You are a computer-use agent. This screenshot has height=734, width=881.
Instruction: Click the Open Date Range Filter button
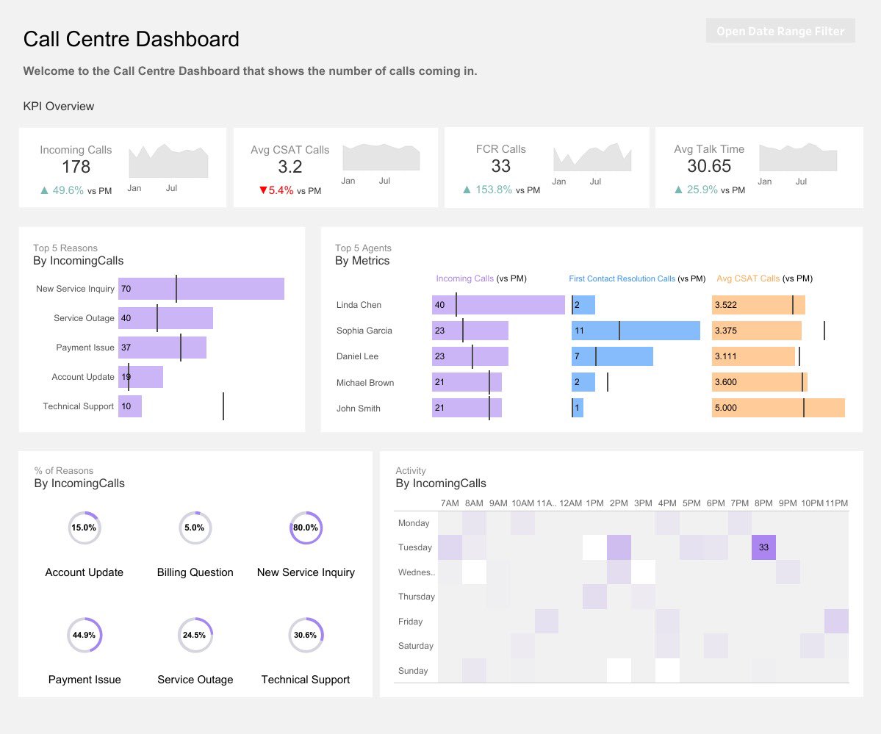(780, 31)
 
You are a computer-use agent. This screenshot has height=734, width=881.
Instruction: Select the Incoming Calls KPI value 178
(76, 167)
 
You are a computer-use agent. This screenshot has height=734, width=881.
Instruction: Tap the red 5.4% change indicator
(276, 190)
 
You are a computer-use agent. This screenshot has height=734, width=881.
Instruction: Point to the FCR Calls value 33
(500, 166)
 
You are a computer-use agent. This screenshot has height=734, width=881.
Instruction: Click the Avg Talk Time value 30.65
(709, 166)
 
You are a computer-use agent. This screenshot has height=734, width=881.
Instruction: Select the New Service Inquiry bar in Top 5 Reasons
(201, 289)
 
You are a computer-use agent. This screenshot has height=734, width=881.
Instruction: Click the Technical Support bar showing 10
(130, 406)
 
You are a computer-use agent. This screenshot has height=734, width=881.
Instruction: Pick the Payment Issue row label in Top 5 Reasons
(84, 348)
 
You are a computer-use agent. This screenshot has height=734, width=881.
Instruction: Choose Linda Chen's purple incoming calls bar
(498, 305)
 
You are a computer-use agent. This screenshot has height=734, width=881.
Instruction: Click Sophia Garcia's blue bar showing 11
(636, 331)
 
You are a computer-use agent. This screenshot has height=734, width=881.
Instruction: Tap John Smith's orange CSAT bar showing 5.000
(778, 408)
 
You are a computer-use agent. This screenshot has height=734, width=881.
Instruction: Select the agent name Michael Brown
(365, 383)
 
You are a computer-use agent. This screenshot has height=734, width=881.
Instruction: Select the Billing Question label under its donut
(195, 572)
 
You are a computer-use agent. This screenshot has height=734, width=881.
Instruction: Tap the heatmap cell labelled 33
(763, 547)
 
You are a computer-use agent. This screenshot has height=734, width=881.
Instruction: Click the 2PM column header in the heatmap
(619, 503)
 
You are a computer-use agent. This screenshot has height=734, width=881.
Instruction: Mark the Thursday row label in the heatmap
(417, 597)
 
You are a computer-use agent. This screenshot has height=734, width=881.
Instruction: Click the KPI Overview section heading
(59, 107)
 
